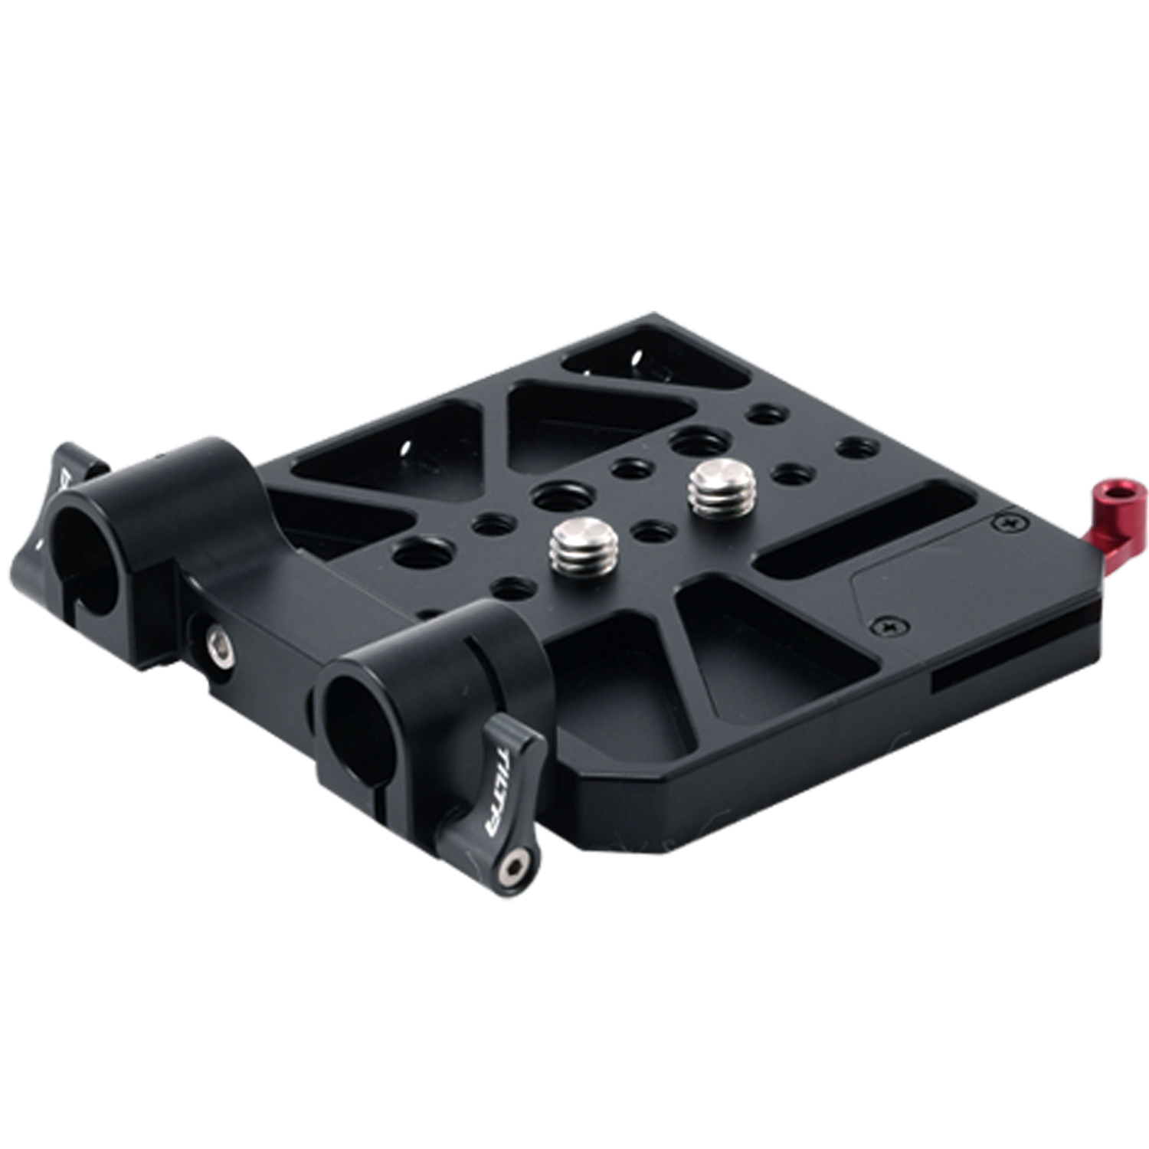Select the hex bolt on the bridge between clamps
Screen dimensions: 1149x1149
coord(221,635)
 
